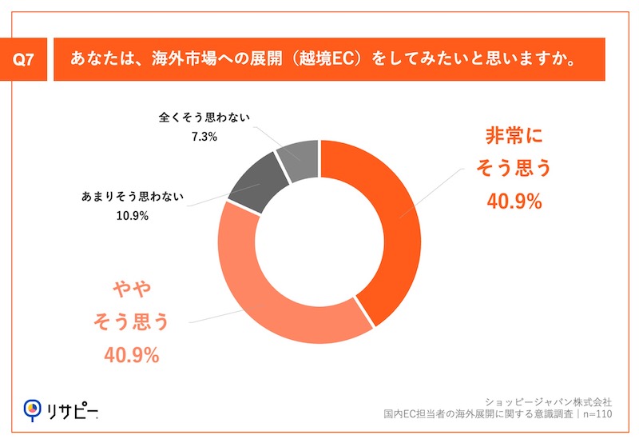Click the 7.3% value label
(204, 137)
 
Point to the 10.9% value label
(133, 214)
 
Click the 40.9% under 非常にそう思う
(514, 202)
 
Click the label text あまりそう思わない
(133, 195)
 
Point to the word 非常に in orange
(514, 136)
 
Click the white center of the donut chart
(319, 241)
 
